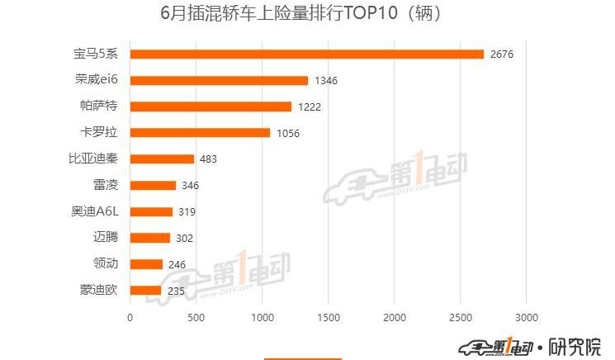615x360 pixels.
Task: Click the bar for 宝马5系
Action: point(307,54)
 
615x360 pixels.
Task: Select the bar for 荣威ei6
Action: point(219,81)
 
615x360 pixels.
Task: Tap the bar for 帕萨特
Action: point(211,107)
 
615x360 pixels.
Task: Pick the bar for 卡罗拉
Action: point(200,133)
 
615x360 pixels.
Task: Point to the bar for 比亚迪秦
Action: point(162,159)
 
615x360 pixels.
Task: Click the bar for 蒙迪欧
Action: point(145,291)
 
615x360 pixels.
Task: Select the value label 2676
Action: point(501,54)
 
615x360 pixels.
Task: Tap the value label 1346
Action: point(326,81)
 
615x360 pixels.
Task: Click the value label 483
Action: point(208,159)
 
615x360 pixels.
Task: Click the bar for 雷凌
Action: point(153,186)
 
